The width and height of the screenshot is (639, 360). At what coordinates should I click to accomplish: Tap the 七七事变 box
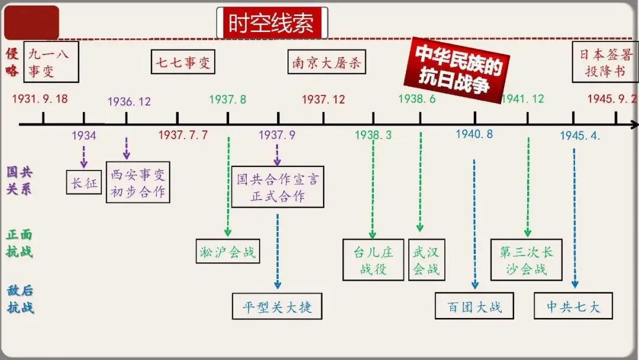pos(183,62)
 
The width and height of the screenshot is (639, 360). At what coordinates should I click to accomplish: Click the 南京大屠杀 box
pos(326,62)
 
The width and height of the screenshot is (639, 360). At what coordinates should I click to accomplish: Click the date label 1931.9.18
pos(39,99)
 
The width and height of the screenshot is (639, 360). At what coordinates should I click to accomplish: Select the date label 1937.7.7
pos(183,135)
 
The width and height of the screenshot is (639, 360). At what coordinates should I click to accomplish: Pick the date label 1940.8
pos(474,134)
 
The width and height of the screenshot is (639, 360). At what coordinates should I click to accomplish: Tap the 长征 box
pos(84,183)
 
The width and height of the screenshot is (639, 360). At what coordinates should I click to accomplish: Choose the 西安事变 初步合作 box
pos(138,183)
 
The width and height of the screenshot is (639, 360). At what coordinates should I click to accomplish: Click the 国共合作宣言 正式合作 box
pos(277,187)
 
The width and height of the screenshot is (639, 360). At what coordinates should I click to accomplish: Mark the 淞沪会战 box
pos(228,252)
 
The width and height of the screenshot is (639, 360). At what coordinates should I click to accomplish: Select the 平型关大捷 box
pos(277,307)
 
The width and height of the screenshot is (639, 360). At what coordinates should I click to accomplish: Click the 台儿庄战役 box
pos(373,260)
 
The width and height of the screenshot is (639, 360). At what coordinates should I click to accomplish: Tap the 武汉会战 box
pos(427,260)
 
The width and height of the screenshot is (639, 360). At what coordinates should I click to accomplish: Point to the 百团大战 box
pos(475,306)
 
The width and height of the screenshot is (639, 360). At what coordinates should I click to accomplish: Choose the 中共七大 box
pos(573,306)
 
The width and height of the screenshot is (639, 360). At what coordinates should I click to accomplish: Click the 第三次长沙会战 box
pos(526,260)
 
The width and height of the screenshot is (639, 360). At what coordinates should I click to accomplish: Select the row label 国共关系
pos(20,181)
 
